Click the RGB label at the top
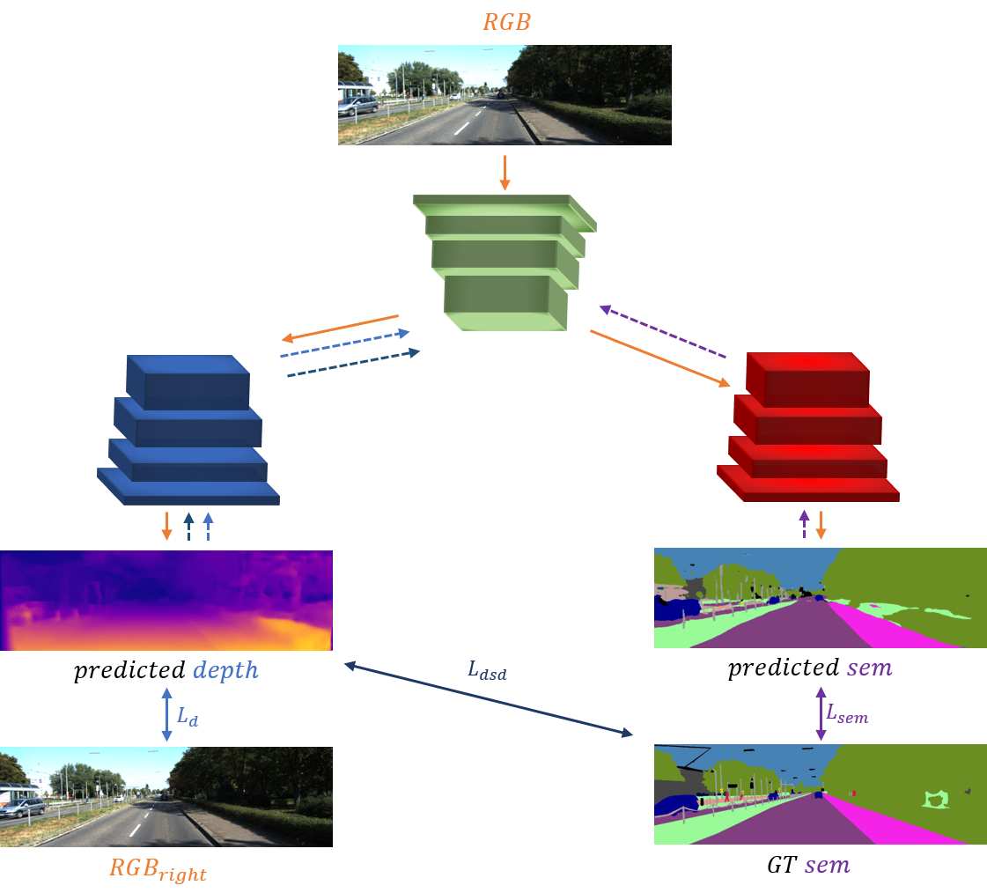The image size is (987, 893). [x=505, y=22]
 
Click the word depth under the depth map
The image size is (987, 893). [x=226, y=670]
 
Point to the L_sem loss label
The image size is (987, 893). [x=846, y=712]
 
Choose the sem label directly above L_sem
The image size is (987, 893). [x=869, y=668]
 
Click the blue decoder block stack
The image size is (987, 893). [x=188, y=431]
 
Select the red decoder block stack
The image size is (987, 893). [x=807, y=427]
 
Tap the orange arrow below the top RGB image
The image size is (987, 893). [x=505, y=172]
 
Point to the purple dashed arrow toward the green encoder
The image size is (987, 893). [x=662, y=332]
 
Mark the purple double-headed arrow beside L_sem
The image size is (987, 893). [x=821, y=713]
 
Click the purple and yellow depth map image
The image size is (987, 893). [x=166, y=601]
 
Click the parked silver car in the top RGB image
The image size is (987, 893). [x=357, y=107]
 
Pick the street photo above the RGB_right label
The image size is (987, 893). [x=166, y=797]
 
